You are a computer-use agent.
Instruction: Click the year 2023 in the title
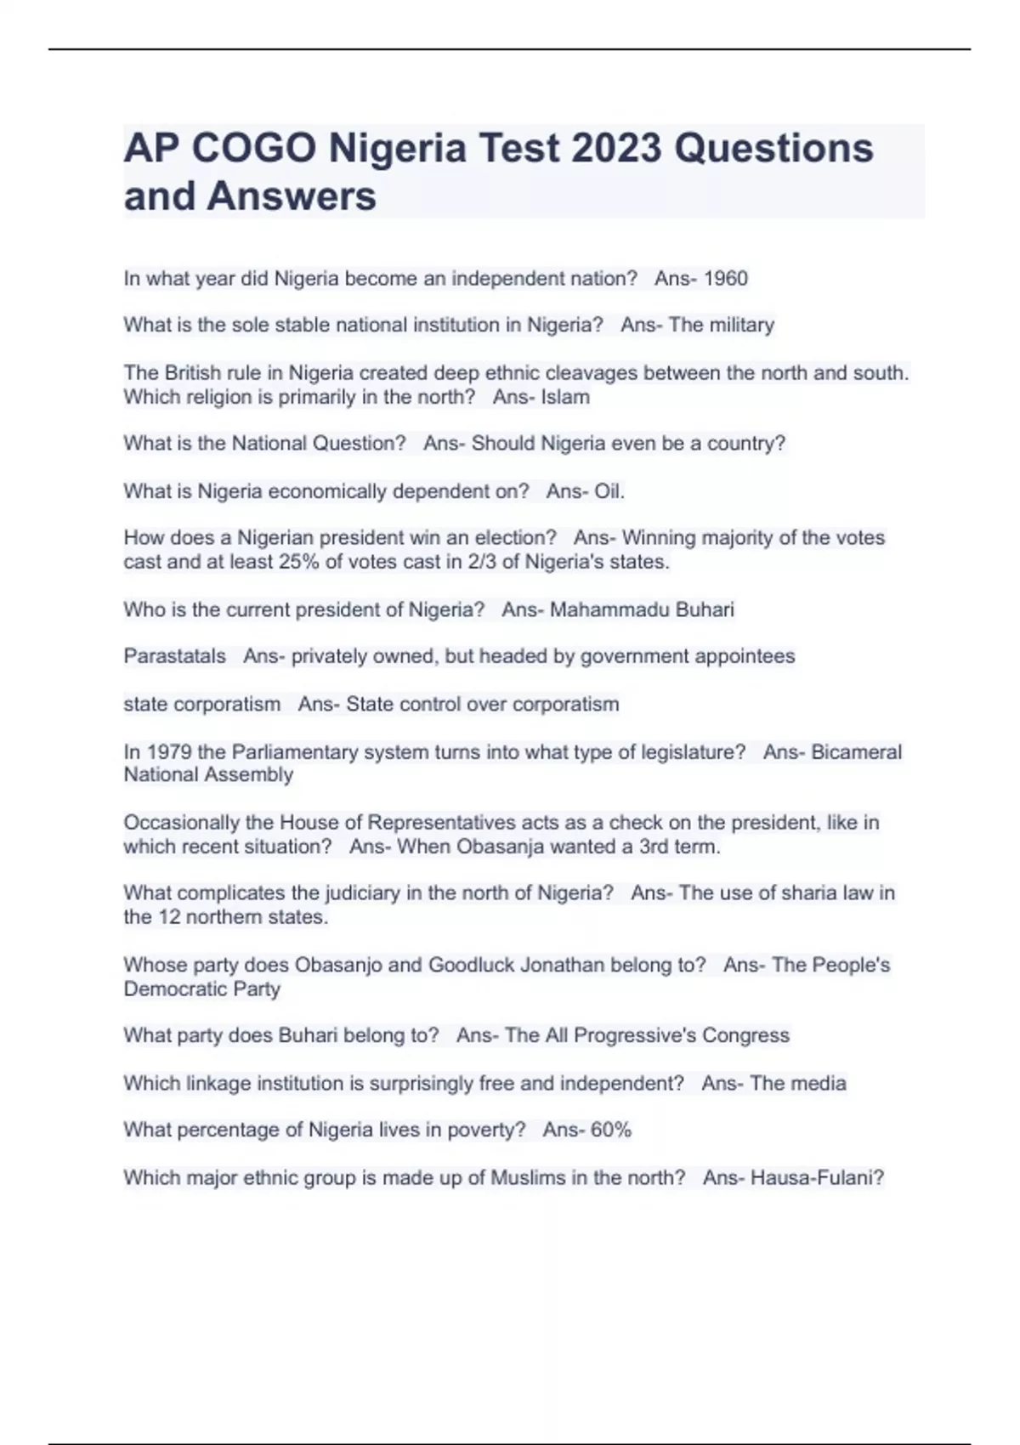pos(616,149)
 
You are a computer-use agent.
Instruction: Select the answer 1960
pos(726,279)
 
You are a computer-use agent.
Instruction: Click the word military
pos(743,325)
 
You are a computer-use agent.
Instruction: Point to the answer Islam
pos(565,397)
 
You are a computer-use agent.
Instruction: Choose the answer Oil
pos(609,491)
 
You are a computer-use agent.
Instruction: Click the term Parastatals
pos(175,656)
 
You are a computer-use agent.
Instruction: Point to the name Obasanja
pos(501,847)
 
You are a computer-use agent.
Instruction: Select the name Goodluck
pos(471,965)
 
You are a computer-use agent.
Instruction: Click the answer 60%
pos(611,1130)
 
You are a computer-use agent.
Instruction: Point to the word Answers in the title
pos(292,196)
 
